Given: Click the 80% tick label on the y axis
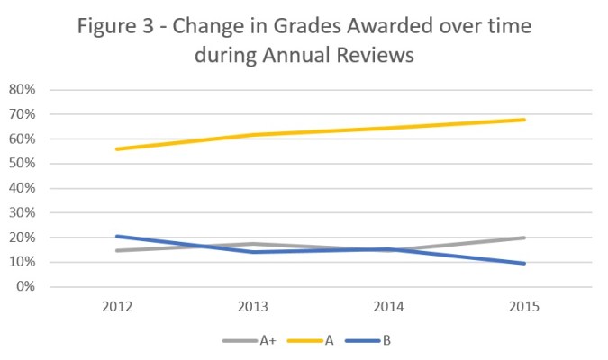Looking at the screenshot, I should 21,90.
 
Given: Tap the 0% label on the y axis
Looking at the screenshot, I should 24,287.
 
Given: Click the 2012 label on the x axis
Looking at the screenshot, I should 118,307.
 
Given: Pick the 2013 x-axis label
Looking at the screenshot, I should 253,307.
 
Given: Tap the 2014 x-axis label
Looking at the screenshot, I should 389,307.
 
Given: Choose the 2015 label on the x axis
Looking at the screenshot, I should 524,307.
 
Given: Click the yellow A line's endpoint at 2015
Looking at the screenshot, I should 524,120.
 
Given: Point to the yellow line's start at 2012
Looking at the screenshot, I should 118,149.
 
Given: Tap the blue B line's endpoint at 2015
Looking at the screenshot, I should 524,264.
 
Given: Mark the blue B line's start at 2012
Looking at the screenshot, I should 118,237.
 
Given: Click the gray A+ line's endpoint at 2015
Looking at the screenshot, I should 524,238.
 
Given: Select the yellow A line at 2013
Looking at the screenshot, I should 253,135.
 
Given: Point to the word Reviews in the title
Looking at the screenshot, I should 374,56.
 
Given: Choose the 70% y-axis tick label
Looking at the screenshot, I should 21,114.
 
